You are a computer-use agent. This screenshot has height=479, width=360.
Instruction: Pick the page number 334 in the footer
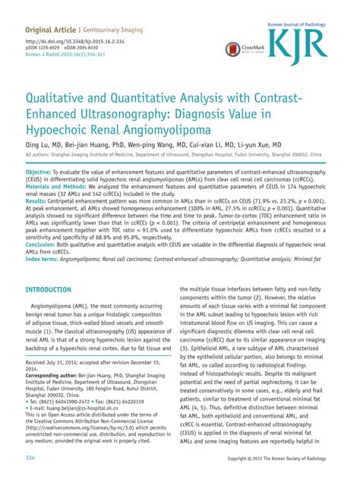(x=31, y=459)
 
